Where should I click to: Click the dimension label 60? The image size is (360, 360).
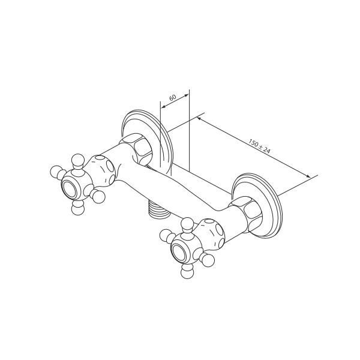(172, 97)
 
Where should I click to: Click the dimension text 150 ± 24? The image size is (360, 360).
(259, 146)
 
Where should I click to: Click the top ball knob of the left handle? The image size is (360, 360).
(78, 160)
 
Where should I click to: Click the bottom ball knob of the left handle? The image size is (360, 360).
(77, 208)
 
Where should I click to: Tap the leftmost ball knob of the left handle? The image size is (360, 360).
(56, 172)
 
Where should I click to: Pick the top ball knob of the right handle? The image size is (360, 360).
(188, 224)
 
